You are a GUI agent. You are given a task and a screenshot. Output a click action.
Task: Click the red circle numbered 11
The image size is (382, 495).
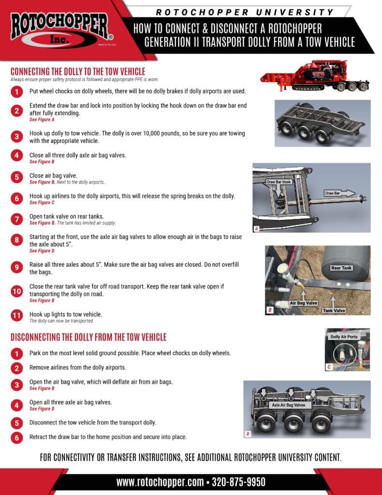[x=17, y=316]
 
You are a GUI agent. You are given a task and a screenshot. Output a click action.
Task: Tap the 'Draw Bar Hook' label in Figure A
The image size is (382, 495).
[x=279, y=182]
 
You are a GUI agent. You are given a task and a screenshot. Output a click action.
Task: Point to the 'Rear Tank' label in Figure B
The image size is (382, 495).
[x=341, y=267]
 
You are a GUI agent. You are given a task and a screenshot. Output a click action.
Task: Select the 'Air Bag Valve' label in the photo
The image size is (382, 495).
[x=303, y=303]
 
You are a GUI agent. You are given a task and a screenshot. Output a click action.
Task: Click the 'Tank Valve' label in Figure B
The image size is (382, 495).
[x=334, y=310]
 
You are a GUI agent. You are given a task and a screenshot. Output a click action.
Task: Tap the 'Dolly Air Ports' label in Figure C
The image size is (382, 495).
[x=344, y=337]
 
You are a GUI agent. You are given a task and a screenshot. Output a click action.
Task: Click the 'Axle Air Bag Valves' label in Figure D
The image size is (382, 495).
[x=288, y=405]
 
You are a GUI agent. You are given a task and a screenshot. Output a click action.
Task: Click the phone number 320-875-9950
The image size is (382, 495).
[x=239, y=482]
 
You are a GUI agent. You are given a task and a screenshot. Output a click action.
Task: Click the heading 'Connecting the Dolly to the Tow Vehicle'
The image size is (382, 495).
[x=78, y=71]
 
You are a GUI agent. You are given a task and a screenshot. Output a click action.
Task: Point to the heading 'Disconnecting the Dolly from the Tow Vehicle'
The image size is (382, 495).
[x=88, y=337]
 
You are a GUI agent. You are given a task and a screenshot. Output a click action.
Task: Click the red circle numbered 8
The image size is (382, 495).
[x=17, y=240]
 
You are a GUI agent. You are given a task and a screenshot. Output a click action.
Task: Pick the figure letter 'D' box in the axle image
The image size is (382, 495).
[x=248, y=434]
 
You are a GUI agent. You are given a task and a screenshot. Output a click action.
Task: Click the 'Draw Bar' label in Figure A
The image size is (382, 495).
[x=333, y=193]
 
